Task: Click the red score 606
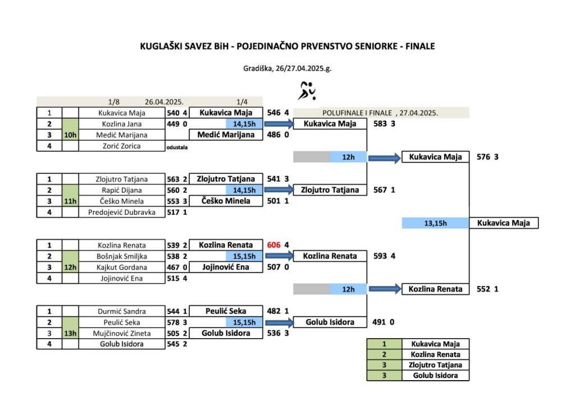point(273,245)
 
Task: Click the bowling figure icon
point(307,91)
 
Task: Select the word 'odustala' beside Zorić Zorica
point(177,147)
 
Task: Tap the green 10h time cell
point(70,135)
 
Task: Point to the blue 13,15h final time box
point(435,223)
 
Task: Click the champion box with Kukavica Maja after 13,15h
point(504,223)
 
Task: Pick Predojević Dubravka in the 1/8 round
point(122,213)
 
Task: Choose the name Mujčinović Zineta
point(122,333)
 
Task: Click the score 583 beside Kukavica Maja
point(380,124)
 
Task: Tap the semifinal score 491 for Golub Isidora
point(379,322)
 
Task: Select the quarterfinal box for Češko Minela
point(226,201)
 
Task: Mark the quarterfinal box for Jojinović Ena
point(226,267)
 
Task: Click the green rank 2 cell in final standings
point(384,354)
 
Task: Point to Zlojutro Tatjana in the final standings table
point(435,365)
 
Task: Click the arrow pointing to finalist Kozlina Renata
point(385,289)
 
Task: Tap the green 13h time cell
point(70,333)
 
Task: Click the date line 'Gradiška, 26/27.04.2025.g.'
point(287,68)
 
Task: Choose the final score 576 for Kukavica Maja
point(483,157)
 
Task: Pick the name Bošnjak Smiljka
point(122,256)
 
